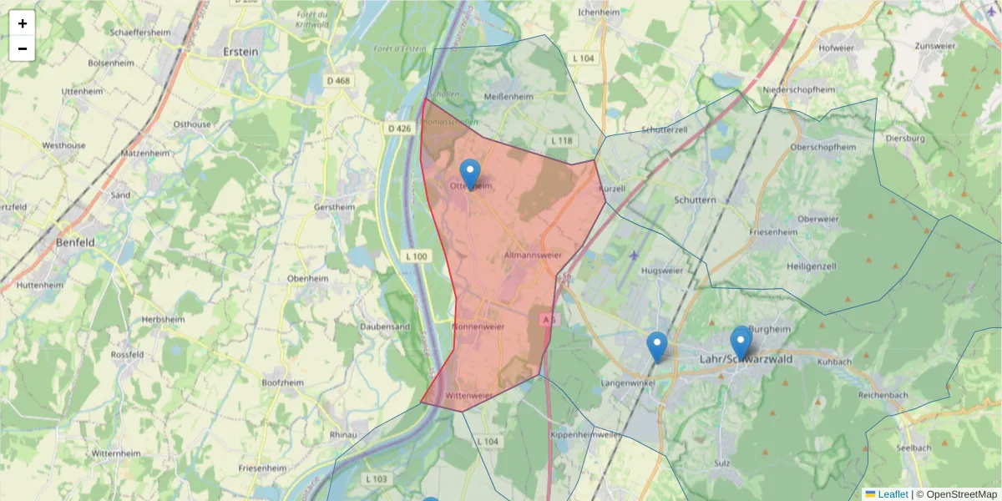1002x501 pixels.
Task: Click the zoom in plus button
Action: [23, 23]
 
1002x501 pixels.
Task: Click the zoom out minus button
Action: [23, 48]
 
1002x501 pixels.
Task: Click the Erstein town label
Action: [241, 51]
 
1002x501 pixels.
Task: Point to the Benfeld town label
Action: [75, 242]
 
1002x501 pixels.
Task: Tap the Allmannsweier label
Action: [533, 254]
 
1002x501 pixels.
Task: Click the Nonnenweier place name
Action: [478, 326]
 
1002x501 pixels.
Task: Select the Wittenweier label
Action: [469, 396]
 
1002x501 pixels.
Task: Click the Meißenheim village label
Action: [509, 97]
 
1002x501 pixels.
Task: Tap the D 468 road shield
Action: [339, 81]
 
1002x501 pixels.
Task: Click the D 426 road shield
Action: [399, 128]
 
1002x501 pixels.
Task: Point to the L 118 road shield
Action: [561, 140]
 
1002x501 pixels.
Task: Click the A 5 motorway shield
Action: [548, 319]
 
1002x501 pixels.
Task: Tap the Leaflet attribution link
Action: [892, 494]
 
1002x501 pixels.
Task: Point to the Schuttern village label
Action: [695, 200]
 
